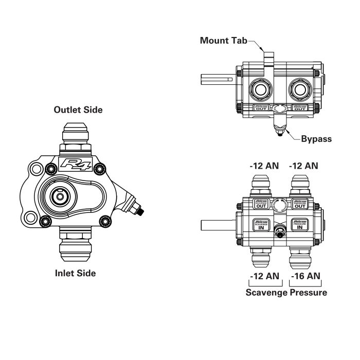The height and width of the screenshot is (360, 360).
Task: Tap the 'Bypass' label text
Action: pyautogui.click(x=316, y=139)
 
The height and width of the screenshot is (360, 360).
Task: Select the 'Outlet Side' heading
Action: pyautogui.click(x=78, y=110)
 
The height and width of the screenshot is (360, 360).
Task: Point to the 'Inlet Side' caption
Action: pyautogui.click(x=75, y=273)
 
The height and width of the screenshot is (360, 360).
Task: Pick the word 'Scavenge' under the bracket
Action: pyautogui.click(x=266, y=293)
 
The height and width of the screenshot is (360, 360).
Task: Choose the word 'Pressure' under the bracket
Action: pyautogui.click(x=309, y=293)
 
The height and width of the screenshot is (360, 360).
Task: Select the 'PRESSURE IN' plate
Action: pyautogui.click(x=300, y=225)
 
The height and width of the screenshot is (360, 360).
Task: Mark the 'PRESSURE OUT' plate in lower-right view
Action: pyautogui.click(x=300, y=204)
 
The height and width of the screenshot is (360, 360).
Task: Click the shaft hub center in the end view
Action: pyautogui.click(x=61, y=196)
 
